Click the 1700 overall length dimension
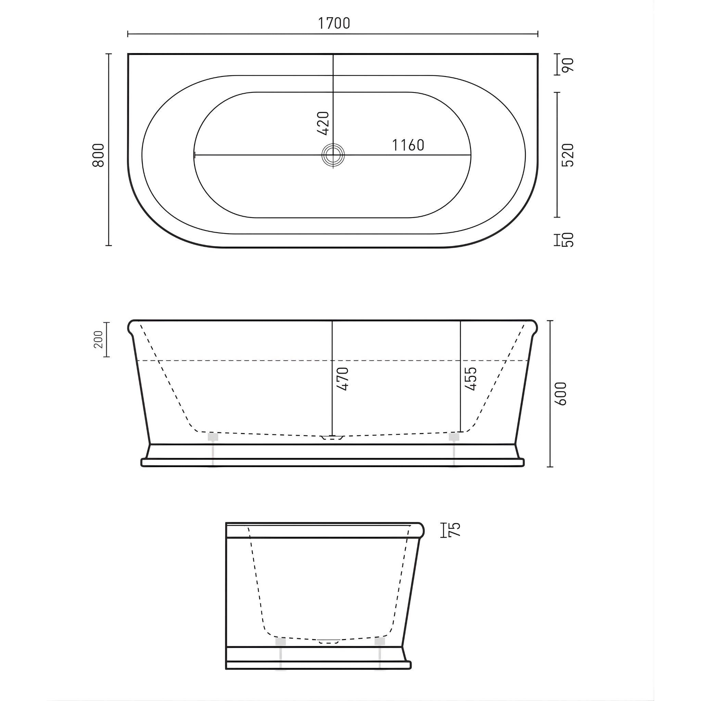(334, 23)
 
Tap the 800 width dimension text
(98, 155)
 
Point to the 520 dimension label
(568, 155)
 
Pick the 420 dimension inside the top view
(323, 123)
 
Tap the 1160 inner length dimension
(408, 145)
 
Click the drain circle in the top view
(333, 155)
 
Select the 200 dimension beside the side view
(99, 339)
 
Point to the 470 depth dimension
(343, 379)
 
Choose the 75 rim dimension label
(455, 530)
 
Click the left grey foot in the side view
(213, 436)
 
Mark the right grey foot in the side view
(454, 436)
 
